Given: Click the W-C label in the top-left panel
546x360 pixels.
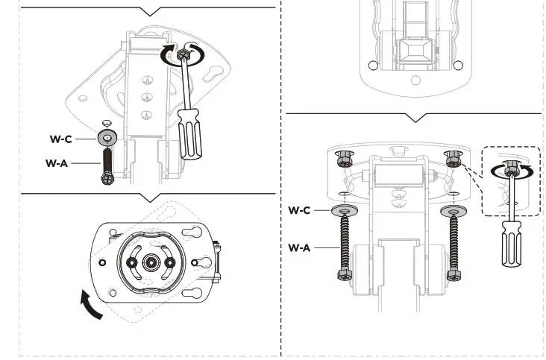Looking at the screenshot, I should (x=60, y=139).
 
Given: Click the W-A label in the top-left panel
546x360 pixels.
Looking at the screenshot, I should (x=57, y=162).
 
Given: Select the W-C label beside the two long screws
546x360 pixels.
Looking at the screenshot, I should (x=299, y=210).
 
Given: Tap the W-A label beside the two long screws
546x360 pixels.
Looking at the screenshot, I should (x=299, y=247).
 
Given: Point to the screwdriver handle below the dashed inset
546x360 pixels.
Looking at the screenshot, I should (x=512, y=246).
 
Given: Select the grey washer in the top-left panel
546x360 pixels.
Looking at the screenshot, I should (x=107, y=138).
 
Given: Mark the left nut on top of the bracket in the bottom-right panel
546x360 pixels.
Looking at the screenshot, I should (x=344, y=159).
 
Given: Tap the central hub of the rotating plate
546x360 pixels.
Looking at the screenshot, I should (x=151, y=262).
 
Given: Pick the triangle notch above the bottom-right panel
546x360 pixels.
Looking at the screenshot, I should (x=414, y=118).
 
